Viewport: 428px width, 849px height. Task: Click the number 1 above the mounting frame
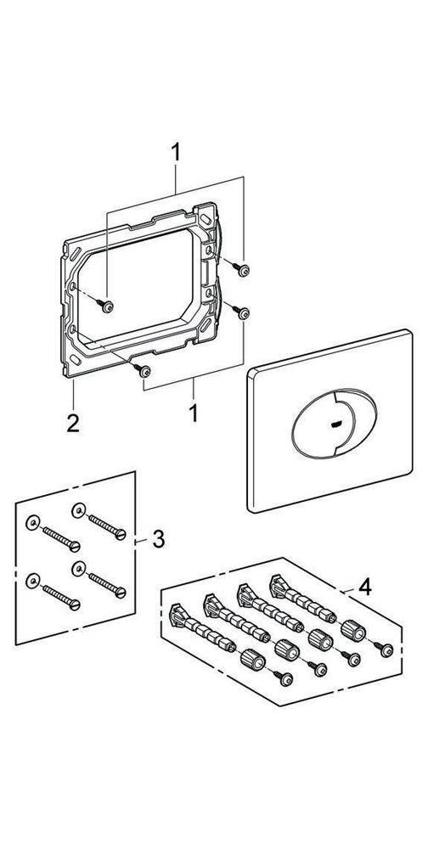click(x=176, y=153)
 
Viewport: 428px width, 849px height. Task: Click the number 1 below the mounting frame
click(x=194, y=414)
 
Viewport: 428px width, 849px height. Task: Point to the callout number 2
click(x=74, y=422)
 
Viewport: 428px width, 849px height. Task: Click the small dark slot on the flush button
click(x=331, y=422)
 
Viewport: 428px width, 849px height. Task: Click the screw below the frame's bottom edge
click(x=145, y=370)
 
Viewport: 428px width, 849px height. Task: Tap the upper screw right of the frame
click(x=244, y=270)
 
